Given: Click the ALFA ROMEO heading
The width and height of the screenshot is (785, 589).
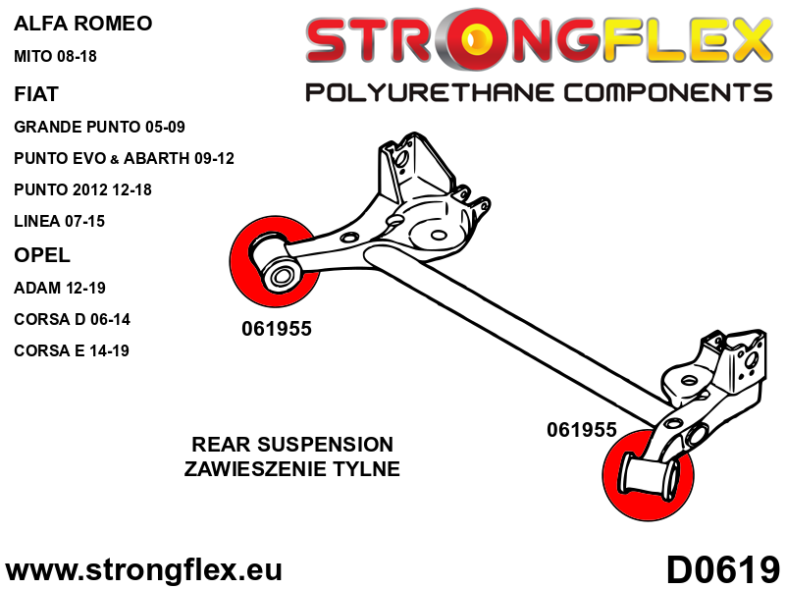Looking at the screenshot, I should pos(83,23).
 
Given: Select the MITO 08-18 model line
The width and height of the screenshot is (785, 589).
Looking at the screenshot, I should pos(56,56).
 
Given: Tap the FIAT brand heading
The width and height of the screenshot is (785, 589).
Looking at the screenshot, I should pos(36,94).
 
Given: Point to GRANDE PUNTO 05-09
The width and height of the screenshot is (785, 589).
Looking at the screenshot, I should pos(99,127).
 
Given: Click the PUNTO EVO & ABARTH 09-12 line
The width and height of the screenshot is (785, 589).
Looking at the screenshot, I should pos(124,158).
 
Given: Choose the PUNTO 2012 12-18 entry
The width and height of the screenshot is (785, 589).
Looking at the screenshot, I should pos(96,189).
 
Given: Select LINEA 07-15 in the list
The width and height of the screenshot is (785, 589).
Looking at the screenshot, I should pos(59,221).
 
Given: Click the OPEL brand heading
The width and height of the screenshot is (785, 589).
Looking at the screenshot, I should pos(42,255).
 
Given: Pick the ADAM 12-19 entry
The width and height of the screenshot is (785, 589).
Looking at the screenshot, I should pos(60,288).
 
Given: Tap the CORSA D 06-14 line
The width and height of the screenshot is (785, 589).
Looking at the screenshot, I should pos(72,319).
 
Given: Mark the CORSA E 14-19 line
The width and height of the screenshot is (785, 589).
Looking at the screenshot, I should pos(72,350).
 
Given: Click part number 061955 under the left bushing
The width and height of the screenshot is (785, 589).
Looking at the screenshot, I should pos(276,329).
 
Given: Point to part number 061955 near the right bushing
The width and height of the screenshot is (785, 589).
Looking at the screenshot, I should pos(581,429).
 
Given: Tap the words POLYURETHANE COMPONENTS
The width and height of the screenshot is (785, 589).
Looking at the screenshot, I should pos(539,93).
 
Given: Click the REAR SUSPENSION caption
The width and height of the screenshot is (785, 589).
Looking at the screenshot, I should pos(292,445).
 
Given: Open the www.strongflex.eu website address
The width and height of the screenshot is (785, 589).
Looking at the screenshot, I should pos(143,569).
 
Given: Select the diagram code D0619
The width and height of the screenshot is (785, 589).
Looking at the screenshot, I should pos(723,569).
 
